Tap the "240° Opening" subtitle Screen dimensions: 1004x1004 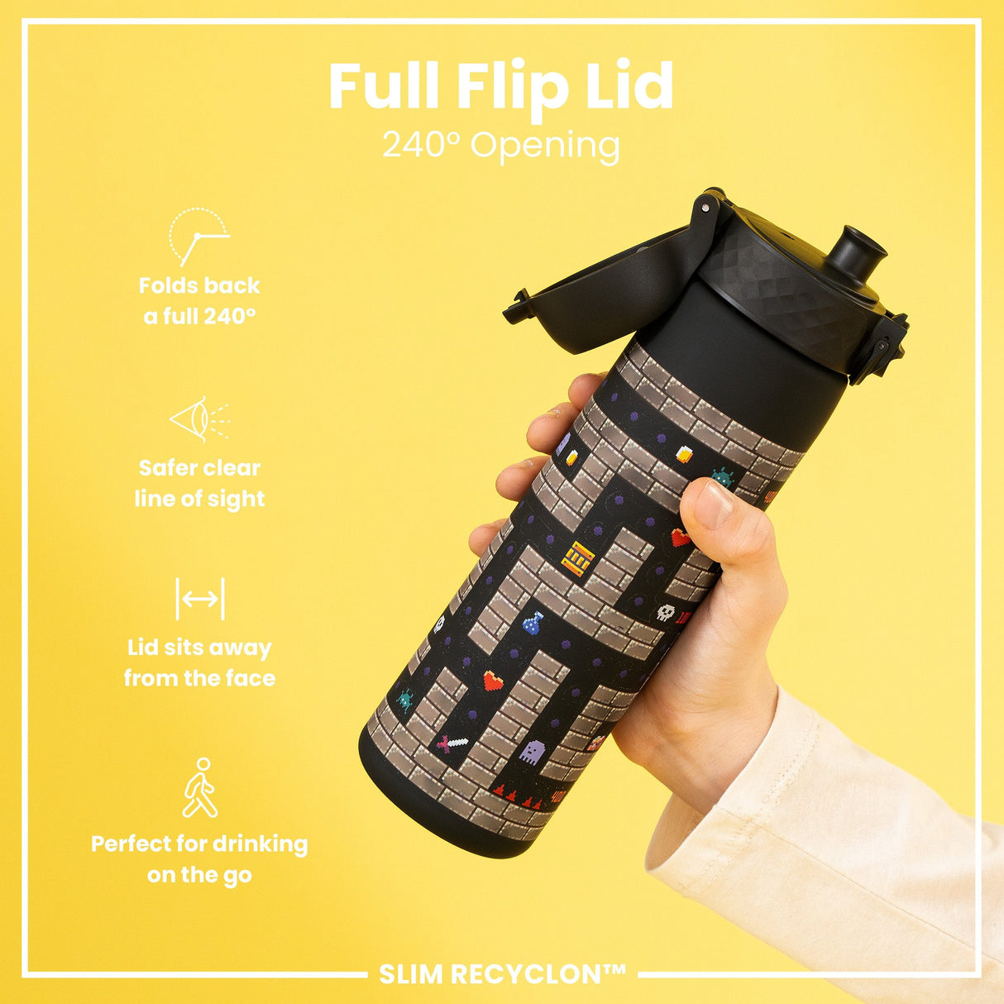point(500,146)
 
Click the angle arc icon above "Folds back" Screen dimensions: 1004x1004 point(199,237)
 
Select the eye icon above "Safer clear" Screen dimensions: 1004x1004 point(199,419)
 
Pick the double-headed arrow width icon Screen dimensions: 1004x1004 point(200,599)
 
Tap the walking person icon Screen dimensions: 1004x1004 point(200,787)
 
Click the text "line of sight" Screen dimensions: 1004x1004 point(200,499)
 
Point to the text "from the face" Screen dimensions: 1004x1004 point(200,678)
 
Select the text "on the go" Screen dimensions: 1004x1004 point(200,875)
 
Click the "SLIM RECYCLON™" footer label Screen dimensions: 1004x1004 point(502,974)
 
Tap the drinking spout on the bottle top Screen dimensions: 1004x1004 point(857,256)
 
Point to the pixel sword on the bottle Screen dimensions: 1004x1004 point(452,743)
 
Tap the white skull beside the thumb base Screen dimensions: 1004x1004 point(666,613)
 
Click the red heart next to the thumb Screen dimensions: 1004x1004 point(680,538)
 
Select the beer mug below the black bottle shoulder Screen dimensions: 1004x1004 point(685,453)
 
